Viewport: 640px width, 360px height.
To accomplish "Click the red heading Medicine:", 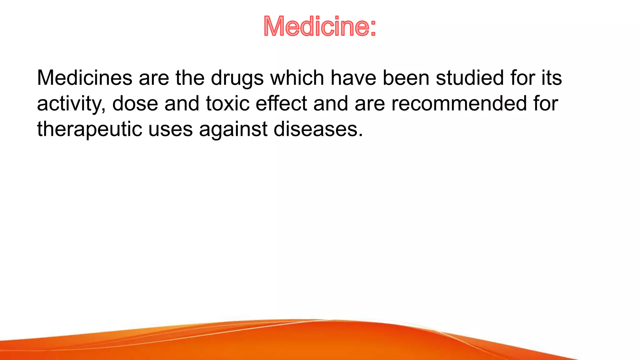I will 319,26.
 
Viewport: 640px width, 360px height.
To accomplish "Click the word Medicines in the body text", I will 85,78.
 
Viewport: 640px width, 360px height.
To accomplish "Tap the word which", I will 297,78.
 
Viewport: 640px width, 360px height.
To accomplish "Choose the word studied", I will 470,78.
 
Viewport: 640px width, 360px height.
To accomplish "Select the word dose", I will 135,103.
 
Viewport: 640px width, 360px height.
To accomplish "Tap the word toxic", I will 227,103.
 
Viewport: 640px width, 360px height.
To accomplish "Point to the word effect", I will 281,103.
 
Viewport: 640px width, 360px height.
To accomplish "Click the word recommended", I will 459,103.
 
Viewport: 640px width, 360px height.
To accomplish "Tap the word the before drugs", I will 190,78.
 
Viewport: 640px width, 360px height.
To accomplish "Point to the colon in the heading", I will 372,28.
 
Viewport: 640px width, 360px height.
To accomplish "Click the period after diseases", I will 361,135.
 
